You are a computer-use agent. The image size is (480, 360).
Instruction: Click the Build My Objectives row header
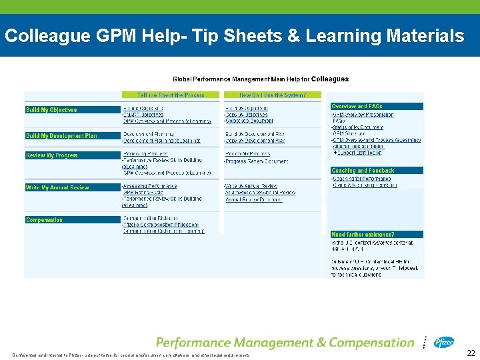point(51,110)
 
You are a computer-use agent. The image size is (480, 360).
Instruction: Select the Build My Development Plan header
point(61,136)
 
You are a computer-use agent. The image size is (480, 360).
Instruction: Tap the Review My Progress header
point(52,155)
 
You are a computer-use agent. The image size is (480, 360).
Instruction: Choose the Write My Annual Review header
point(57,188)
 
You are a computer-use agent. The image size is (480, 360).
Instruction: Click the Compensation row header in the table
point(45,220)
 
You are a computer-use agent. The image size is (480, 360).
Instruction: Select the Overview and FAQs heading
point(357,106)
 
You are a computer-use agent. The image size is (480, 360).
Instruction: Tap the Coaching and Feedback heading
point(363,171)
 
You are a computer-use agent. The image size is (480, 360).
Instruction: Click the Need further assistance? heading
point(363,235)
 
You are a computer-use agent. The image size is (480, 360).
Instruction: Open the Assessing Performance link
point(150,186)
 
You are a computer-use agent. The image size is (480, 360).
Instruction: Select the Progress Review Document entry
point(256,162)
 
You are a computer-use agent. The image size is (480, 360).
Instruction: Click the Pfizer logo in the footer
point(443,342)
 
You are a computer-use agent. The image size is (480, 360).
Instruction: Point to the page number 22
point(471,353)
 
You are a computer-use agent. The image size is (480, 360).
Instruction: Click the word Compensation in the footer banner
point(362,343)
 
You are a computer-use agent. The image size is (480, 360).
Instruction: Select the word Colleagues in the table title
point(330,79)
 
